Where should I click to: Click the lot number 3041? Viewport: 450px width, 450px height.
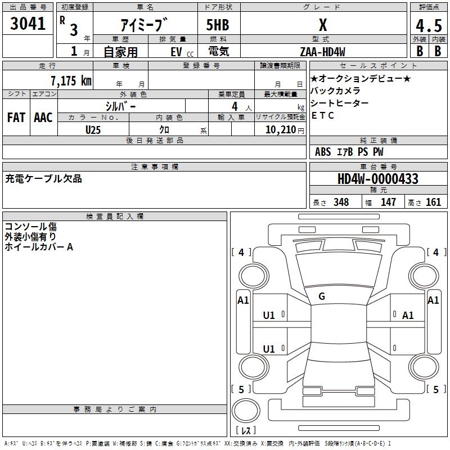point(28,24)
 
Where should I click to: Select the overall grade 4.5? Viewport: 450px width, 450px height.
point(429,26)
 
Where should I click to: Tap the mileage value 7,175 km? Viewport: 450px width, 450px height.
point(71,80)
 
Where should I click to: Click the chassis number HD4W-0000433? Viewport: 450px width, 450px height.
point(378,179)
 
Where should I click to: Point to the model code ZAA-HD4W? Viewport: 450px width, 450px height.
point(322,52)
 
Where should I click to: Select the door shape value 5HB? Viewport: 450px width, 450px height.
point(218,25)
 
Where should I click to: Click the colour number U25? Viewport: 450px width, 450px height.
point(93,130)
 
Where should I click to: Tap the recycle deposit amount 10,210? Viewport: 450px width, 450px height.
point(281,130)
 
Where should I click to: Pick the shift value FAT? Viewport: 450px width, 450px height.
point(16,118)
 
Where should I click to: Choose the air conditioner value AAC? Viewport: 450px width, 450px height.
point(43,118)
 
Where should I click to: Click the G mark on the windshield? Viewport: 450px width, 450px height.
point(322,296)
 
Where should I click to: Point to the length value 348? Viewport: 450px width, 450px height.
point(341,202)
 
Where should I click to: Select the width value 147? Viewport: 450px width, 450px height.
point(388,202)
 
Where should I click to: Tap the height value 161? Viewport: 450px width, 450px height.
point(433,202)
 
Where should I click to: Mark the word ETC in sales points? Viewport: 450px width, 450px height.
point(322,115)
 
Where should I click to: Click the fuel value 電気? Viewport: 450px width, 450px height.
point(219,51)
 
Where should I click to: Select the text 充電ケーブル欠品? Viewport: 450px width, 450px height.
point(43,178)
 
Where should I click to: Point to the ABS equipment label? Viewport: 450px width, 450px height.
point(323,152)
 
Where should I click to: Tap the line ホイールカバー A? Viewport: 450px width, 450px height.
point(39,247)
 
